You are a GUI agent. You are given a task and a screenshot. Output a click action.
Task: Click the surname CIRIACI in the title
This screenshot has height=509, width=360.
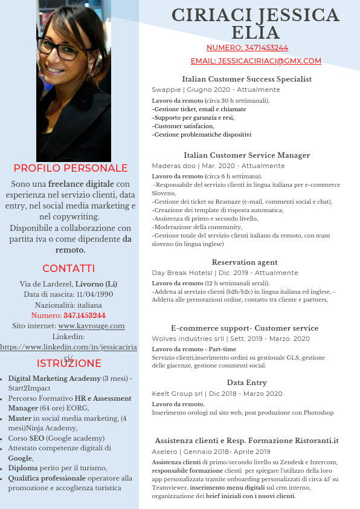point(209,15)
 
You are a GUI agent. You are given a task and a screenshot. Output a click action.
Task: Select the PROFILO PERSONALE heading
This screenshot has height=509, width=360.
point(71,168)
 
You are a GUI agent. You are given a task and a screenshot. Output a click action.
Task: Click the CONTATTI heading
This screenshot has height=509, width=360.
point(69,268)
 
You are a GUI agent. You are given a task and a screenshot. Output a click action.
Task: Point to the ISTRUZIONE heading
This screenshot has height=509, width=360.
point(69,363)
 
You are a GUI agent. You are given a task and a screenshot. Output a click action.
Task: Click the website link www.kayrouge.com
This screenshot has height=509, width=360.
point(91,326)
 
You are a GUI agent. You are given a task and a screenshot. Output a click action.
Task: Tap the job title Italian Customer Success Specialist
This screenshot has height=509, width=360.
point(246,79)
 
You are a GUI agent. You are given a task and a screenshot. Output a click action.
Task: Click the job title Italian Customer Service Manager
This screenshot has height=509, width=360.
point(246,155)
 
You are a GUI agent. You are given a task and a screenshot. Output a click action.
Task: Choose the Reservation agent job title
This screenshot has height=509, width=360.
point(245,262)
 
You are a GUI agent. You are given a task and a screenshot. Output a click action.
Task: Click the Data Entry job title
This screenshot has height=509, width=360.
point(246,383)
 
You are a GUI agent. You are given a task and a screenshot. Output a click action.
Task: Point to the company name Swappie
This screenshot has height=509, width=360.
point(166,89)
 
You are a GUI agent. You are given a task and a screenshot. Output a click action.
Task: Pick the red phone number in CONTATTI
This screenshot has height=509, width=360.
point(85,316)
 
